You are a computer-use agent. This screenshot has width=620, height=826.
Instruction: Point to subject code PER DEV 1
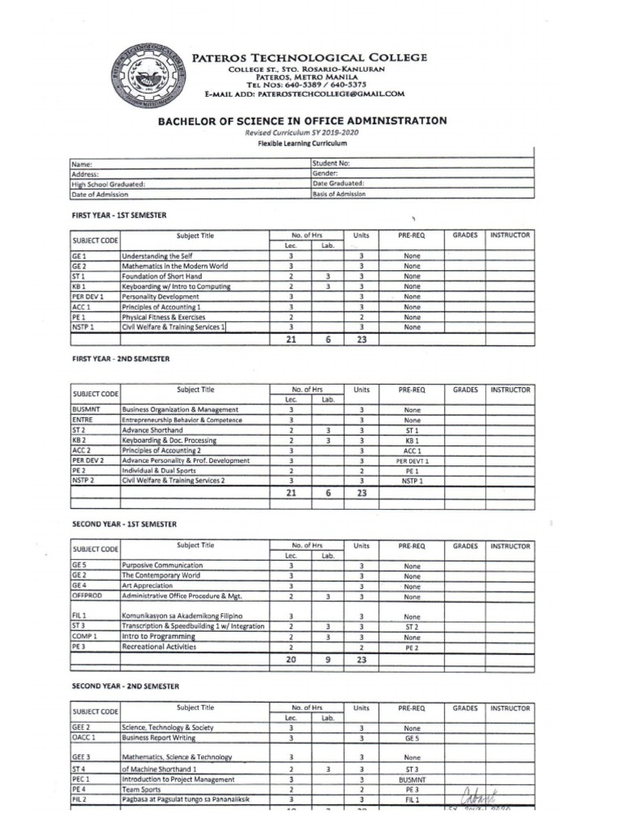(87, 297)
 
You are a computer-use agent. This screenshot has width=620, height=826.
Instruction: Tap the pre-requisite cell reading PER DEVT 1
(412, 461)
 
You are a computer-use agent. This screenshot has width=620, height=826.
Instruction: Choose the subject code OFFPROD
(87, 597)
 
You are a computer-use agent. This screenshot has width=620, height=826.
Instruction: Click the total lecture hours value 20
(291, 660)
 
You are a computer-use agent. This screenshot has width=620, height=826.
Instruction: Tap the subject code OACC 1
(84, 737)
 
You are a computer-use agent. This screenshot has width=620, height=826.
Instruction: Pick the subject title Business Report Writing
(160, 737)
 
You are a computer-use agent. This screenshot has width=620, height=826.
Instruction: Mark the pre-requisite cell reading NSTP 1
(412, 482)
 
